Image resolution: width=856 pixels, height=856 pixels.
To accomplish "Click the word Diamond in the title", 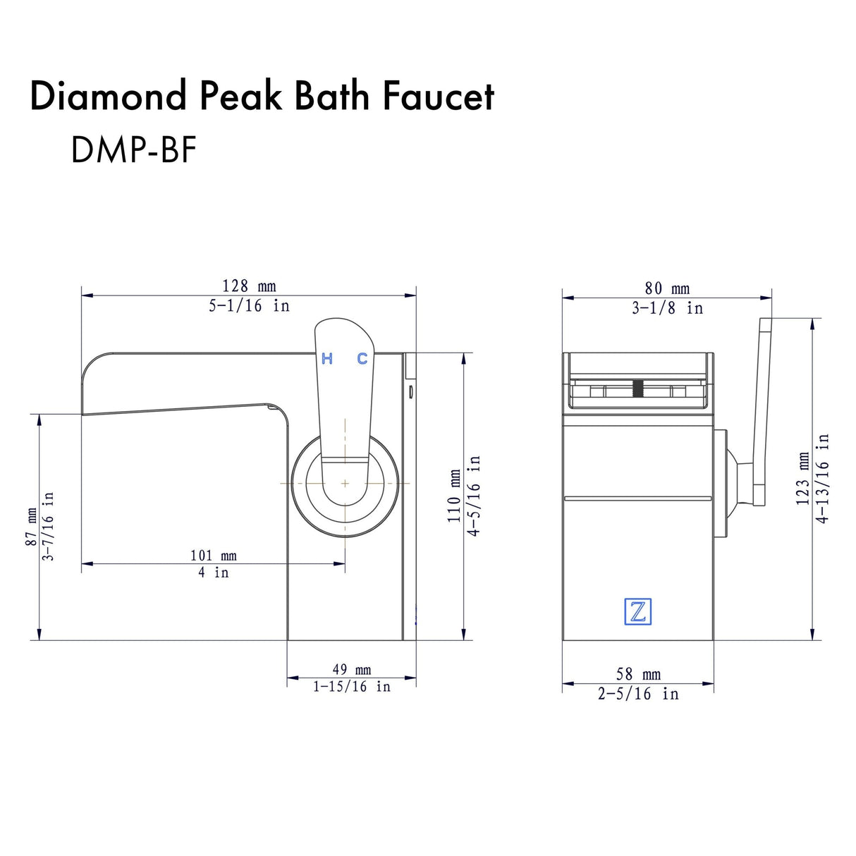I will [x=107, y=96].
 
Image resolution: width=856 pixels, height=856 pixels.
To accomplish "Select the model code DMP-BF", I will [x=133, y=149].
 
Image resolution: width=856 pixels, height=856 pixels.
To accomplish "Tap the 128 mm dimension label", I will [x=249, y=286].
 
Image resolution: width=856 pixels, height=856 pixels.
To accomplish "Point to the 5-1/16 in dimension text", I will [x=249, y=306].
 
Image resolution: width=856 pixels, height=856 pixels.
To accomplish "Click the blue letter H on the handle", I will [x=327, y=359].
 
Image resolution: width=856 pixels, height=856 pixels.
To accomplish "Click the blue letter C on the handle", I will [x=362, y=359].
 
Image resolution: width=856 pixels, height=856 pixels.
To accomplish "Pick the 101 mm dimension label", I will [x=213, y=556].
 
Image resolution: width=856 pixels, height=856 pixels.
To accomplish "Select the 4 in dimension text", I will [x=213, y=573].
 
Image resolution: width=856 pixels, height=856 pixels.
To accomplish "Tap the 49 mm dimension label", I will [x=351, y=670].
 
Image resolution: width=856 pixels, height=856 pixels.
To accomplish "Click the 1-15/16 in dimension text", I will [x=351, y=687].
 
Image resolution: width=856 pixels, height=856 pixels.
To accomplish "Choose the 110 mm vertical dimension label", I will [x=455, y=496].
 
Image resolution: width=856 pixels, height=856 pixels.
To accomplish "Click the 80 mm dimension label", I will [x=667, y=288].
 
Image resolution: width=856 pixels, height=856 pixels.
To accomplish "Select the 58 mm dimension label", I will [x=638, y=675].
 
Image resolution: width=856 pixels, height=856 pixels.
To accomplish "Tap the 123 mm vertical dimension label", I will [x=803, y=479].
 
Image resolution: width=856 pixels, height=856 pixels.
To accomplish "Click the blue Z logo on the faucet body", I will [x=637, y=611].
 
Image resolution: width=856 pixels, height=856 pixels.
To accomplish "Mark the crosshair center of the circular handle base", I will [x=345, y=483].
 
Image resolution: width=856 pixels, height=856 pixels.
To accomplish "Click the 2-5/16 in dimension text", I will [x=638, y=694].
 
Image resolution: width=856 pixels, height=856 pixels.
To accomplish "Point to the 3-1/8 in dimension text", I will [x=667, y=308].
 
